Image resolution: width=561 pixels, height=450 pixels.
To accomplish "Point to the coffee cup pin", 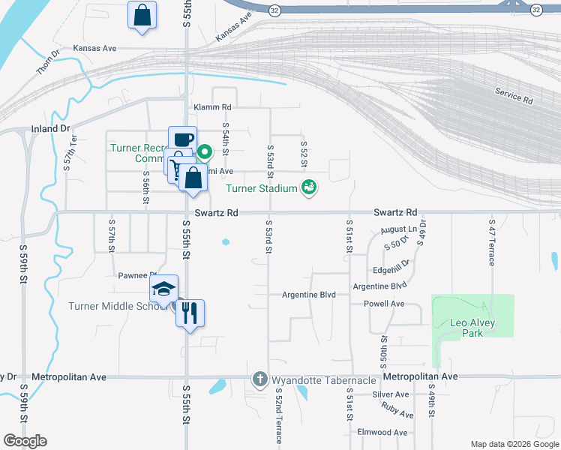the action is click(182, 140).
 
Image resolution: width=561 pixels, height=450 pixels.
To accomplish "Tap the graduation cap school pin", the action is click(163, 289).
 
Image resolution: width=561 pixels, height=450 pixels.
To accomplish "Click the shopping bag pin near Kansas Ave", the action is click(142, 16).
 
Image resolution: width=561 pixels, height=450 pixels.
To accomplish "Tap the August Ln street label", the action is click(398, 229).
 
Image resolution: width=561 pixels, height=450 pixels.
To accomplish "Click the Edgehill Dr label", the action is click(391, 270).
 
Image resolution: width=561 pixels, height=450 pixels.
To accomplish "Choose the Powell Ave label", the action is click(384, 304).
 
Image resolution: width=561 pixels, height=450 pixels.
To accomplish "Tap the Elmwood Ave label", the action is click(382, 432).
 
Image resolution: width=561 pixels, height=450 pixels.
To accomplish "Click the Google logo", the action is click(25, 441).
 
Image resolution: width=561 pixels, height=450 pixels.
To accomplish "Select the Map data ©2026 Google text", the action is click(514, 443).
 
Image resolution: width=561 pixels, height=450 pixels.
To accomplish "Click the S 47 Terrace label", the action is click(492, 243).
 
